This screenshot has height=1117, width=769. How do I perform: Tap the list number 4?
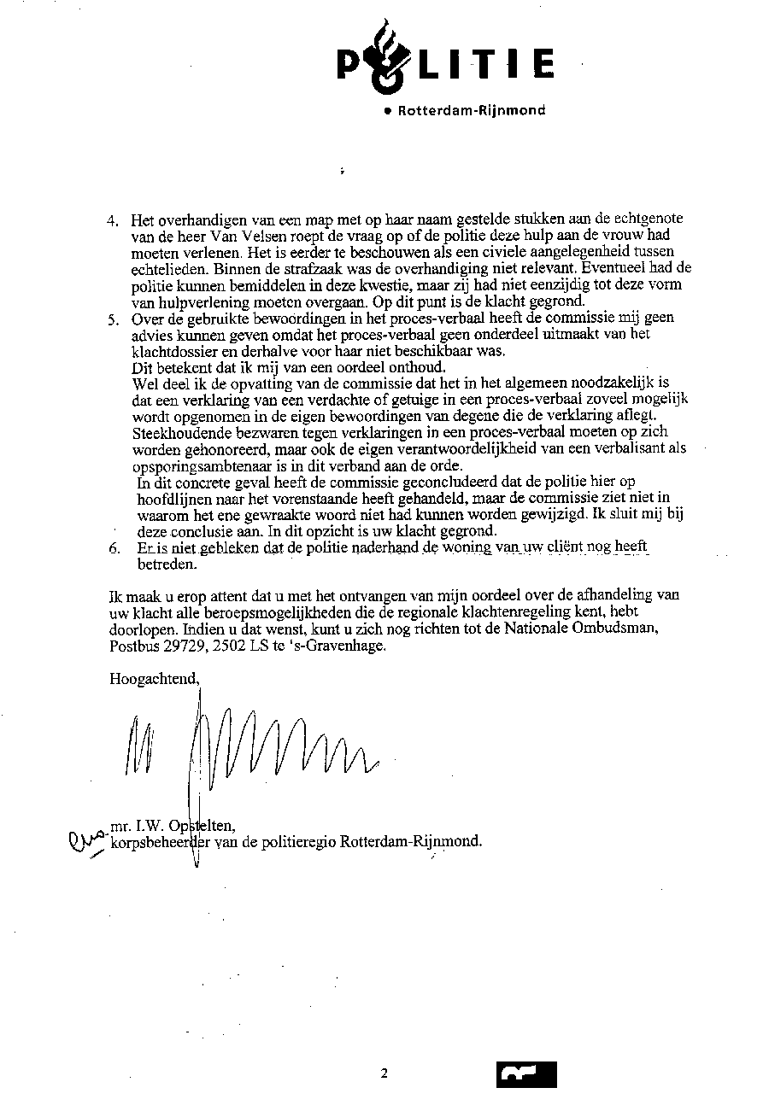coord(112,220)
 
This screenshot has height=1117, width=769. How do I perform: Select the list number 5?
coord(112,320)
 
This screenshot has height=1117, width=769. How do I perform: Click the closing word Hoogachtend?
coord(155,680)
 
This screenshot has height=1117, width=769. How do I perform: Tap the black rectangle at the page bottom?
coord(525,1074)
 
